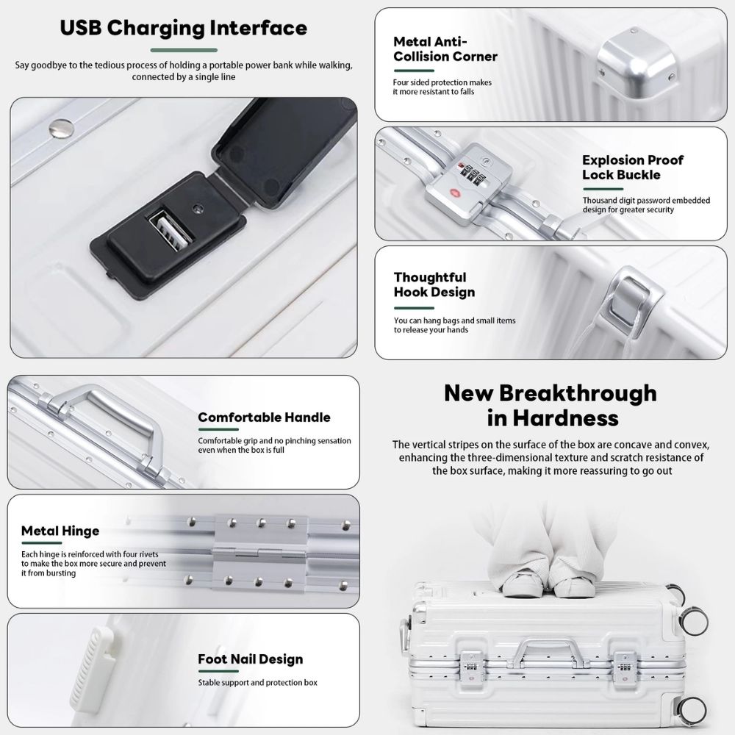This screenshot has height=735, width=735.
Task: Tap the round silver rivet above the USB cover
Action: click(x=62, y=129)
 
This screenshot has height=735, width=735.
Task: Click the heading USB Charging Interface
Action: click(x=183, y=28)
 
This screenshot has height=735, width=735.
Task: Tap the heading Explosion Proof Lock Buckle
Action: click(x=632, y=168)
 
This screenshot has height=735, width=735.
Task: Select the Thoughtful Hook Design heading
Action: click(x=434, y=284)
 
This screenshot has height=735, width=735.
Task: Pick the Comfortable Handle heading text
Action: click(x=264, y=417)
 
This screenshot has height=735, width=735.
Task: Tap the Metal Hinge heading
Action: click(x=60, y=531)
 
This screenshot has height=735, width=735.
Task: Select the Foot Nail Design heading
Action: click(x=251, y=659)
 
